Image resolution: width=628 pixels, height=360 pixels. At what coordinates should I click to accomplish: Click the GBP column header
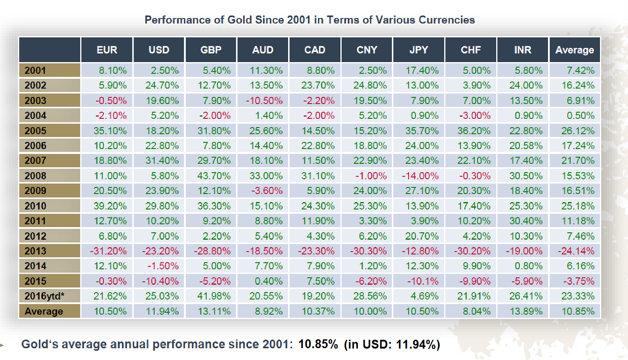tap(211, 50)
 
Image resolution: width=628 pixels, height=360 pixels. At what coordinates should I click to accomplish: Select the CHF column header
tap(471, 50)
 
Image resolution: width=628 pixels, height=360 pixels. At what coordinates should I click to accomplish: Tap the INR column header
tap(522, 50)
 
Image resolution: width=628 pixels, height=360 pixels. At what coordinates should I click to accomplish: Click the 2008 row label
tap(36, 176)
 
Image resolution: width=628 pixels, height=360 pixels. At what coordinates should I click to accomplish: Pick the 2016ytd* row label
tap(45, 296)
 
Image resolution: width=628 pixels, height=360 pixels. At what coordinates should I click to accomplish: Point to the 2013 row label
tap(36, 251)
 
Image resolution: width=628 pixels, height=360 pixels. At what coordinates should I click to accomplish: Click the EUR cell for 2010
tap(110, 206)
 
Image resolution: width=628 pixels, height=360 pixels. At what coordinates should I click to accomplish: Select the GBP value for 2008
tap(213, 176)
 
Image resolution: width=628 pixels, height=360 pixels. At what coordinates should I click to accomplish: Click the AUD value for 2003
tap(265, 101)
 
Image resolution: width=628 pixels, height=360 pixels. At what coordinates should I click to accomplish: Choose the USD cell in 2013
tap(160, 251)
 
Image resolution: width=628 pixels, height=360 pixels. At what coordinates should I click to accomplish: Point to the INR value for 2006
tap(526, 146)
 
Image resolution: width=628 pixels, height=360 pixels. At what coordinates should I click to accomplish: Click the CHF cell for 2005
tap(474, 131)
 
